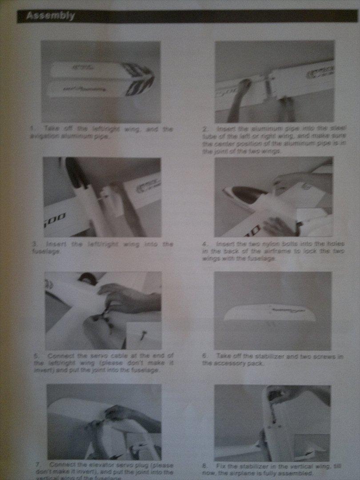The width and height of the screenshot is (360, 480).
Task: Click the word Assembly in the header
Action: (x=50, y=16)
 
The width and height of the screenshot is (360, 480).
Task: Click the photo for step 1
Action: (x=101, y=82)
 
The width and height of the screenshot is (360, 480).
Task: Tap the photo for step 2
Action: (x=274, y=82)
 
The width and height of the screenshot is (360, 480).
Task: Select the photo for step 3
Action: (x=102, y=197)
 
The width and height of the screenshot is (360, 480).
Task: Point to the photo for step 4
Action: (x=273, y=196)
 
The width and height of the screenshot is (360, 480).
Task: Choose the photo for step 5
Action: (x=103, y=310)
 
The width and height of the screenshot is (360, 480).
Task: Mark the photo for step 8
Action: (x=272, y=423)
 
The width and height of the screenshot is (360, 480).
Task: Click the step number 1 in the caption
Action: (x=32, y=129)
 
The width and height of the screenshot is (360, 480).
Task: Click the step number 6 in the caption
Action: (x=205, y=356)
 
